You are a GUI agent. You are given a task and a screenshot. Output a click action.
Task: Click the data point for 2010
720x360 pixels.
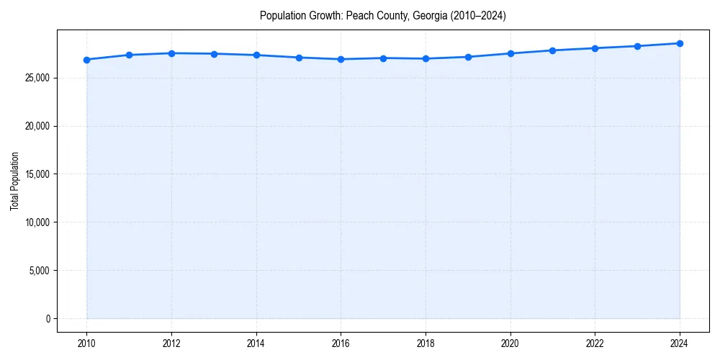86,60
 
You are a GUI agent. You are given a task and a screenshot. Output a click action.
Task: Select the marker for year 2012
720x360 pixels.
171,53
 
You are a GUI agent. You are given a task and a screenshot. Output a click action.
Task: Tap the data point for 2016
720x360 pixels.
341,59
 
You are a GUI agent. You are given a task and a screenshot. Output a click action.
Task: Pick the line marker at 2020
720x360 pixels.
510,53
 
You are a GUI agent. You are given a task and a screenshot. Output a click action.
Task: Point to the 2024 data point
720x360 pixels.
680,43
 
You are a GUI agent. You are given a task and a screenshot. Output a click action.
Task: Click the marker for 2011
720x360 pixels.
129,55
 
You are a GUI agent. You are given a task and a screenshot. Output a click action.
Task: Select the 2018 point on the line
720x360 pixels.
426,58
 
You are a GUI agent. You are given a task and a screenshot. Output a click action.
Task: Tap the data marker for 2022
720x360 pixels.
595,48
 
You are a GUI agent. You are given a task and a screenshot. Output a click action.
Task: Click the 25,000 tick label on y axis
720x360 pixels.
37,78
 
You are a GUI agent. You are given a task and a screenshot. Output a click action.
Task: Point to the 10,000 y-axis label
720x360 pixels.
37,222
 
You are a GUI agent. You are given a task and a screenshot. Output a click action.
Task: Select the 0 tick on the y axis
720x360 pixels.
47,318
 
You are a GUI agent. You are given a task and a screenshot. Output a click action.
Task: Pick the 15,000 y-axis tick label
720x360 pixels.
37,174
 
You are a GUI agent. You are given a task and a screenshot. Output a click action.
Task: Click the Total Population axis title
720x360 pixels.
14,181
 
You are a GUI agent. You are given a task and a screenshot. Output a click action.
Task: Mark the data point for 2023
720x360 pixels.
637,46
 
